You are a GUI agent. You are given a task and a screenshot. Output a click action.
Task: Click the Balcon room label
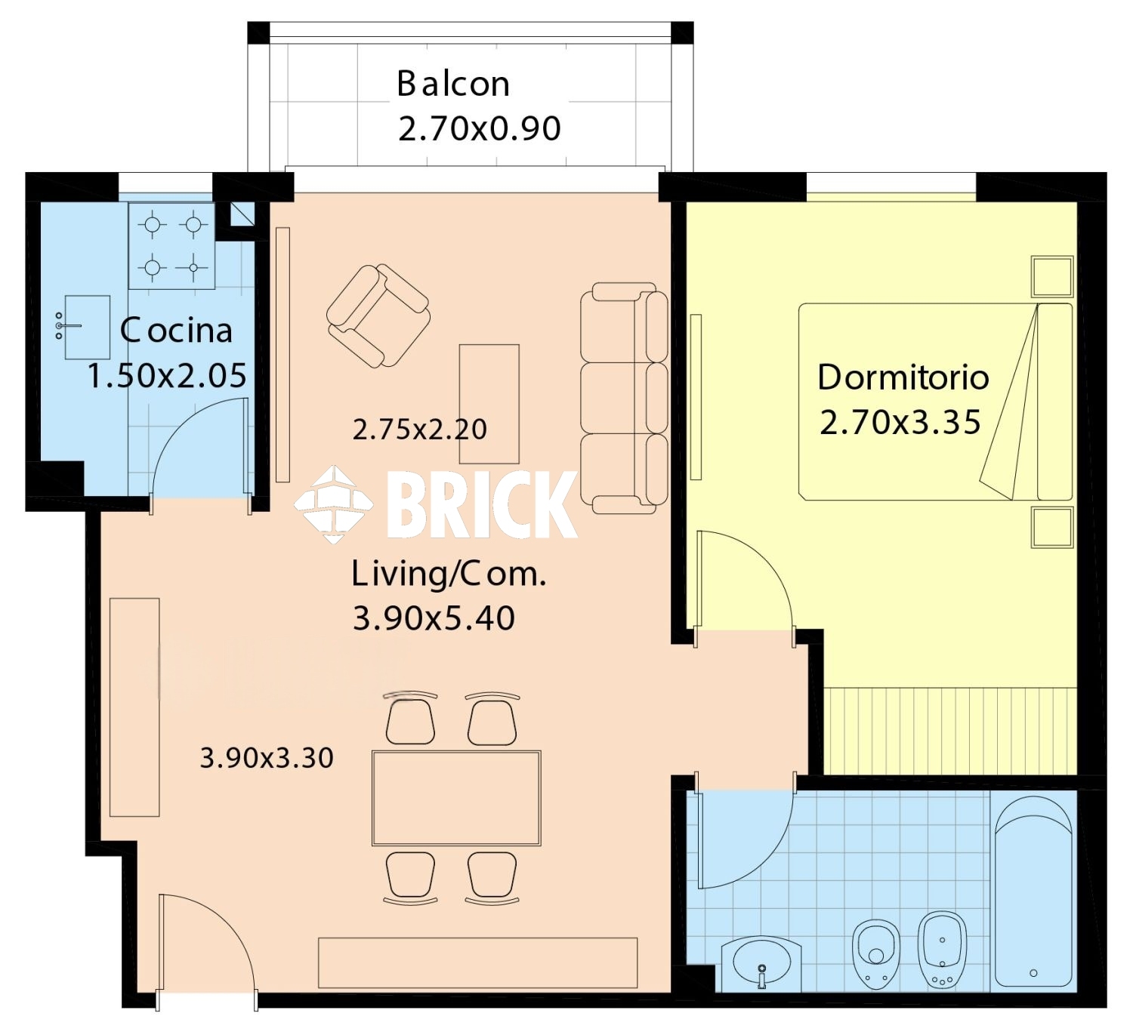pos(453,84)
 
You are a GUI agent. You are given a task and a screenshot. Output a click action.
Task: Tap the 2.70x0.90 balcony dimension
pos(480,129)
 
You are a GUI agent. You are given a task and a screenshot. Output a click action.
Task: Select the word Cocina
pos(176,331)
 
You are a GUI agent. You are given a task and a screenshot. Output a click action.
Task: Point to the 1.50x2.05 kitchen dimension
pos(167,375)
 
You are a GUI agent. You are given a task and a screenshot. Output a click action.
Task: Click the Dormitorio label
pos(903,377)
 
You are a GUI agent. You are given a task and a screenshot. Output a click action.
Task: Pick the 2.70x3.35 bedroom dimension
pos(900,422)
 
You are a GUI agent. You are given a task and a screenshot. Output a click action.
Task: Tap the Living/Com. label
pos(449,574)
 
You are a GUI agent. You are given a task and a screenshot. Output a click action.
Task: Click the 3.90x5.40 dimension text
pos(434,618)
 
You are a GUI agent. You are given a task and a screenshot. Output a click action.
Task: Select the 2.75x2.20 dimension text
pos(420,430)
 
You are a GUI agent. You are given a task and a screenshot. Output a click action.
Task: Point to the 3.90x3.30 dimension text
pos(267,759)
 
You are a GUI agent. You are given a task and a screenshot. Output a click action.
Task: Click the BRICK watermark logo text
pos(482,505)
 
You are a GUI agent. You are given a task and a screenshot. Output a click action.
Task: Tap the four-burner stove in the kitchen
pos(172,245)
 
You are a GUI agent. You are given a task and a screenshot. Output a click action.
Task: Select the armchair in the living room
pos(378,317)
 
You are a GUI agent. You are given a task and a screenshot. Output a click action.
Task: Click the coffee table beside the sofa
pos(489,405)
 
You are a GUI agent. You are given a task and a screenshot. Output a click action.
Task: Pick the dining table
pos(456,799)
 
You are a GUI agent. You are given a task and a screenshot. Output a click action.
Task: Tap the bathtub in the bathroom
pos(1033,892)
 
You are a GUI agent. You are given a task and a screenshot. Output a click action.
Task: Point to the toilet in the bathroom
pos(876,954)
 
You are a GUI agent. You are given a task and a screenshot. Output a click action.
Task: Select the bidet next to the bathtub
pos(943,950)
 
